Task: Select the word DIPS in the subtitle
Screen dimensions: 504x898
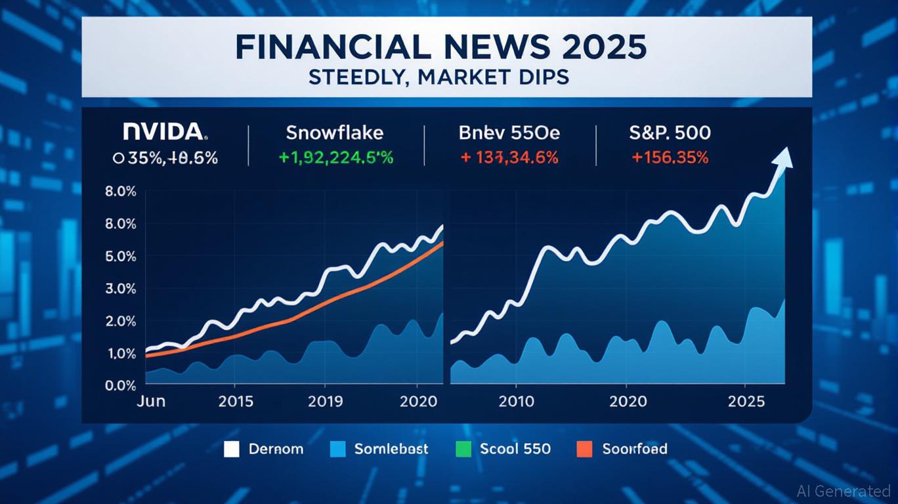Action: point(542,77)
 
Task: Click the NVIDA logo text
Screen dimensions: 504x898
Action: point(164,132)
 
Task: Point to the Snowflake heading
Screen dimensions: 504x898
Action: point(334,133)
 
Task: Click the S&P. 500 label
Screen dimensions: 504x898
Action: point(670,133)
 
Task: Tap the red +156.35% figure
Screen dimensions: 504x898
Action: point(670,157)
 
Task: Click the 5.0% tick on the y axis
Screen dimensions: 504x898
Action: point(120,257)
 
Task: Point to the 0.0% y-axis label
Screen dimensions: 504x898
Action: point(120,386)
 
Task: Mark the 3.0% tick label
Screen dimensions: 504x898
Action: point(120,289)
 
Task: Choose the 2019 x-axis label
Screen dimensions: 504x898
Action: point(325,401)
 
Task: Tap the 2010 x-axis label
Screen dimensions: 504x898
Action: point(516,401)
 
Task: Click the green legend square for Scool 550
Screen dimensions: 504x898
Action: point(463,450)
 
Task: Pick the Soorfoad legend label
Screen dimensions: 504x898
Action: point(635,450)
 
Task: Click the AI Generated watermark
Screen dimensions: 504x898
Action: point(843,490)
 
